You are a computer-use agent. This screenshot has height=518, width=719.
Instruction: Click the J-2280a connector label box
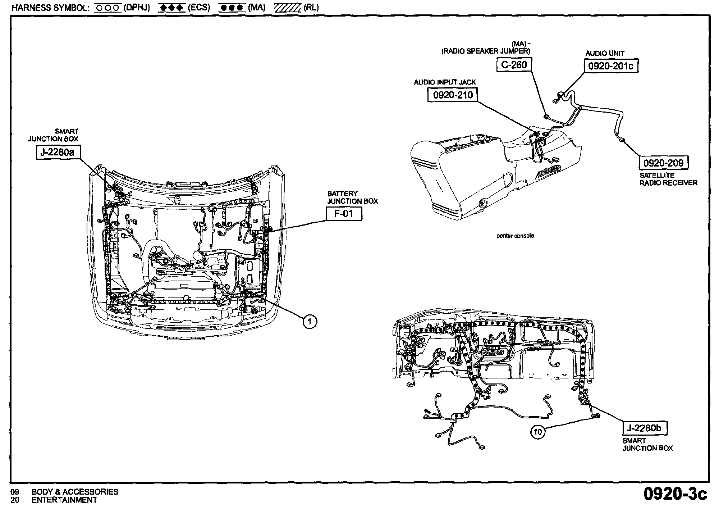pos(58,153)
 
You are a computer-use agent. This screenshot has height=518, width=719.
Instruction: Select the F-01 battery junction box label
pos(344,214)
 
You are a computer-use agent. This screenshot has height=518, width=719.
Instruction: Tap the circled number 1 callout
pos(310,321)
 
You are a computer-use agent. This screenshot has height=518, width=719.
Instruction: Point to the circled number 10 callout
pos(537,432)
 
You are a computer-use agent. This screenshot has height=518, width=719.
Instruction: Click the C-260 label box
pos(514,65)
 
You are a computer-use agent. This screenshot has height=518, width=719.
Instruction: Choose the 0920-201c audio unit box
pos(611,66)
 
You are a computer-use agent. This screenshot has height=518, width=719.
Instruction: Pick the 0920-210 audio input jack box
pos(453,95)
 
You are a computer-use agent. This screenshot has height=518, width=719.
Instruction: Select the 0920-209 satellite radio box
pos(663,163)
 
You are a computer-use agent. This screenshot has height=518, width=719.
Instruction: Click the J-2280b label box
pos(645,428)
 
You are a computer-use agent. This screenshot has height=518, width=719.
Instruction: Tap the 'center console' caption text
pos(515,236)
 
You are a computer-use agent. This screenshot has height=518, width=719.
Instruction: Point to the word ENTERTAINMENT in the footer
pos(64,500)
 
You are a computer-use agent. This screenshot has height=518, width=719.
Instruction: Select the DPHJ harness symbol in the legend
pos(107,8)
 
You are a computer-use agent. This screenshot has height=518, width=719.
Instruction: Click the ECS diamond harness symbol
pos(171,8)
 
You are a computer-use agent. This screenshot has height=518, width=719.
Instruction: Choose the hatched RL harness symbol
pos(287,8)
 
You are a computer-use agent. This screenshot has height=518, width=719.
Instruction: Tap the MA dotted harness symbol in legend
pos(232,8)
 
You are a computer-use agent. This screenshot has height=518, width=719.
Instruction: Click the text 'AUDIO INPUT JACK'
pos(445,82)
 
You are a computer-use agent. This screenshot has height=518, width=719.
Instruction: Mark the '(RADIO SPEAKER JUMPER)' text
pos(486,51)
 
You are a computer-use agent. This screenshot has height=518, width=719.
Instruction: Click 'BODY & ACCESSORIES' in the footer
pos(75,492)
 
